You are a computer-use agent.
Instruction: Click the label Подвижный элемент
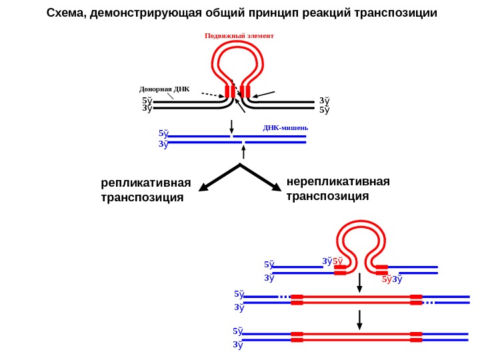239,35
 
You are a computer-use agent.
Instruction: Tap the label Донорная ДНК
164,89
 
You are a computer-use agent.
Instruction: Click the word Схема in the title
64,13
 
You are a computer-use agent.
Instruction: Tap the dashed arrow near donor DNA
213,95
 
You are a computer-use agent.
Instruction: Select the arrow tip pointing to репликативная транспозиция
203,190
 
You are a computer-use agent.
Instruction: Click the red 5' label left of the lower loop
338,261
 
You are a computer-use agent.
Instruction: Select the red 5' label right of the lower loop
386,279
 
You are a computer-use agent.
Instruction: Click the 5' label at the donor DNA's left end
147,101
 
